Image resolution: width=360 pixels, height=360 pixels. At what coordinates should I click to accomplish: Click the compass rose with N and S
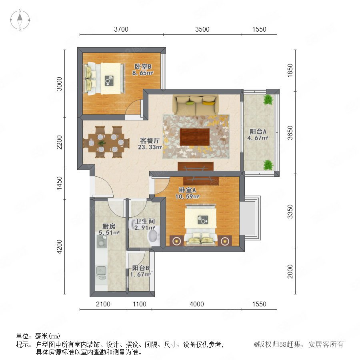point(20,20)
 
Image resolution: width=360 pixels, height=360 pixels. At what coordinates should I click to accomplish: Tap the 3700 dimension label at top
point(121,29)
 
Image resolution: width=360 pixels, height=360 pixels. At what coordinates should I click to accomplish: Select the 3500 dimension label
point(202,29)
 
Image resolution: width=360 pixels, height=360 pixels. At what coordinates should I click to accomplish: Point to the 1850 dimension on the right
point(290,70)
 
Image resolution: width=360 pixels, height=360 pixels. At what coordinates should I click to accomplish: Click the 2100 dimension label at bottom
point(103,304)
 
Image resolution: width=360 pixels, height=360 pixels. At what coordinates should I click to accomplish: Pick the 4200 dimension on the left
point(59,246)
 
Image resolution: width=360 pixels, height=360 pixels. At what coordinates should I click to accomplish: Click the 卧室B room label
point(143,66)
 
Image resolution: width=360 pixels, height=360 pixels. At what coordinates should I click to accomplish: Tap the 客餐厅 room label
point(150,140)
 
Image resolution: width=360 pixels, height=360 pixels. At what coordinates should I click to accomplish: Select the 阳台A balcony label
point(258,132)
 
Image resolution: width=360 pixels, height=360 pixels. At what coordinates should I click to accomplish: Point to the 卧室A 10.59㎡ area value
point(187,196)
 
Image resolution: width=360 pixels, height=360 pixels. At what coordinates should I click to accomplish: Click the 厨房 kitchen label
point(109,226)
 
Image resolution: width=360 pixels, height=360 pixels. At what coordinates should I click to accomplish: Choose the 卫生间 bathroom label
point(145,221)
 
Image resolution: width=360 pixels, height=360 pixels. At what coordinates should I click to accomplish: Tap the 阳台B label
point(140,268)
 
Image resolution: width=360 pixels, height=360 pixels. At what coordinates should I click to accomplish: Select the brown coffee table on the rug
point(195,137)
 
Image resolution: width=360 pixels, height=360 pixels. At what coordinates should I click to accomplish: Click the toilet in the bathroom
point(154,236)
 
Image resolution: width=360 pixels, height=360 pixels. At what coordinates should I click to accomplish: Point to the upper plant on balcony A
point(268,100)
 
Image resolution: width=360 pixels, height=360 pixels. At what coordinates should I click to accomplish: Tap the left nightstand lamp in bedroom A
point(176,241)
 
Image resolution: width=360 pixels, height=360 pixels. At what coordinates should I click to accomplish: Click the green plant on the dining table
point(101,143)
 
